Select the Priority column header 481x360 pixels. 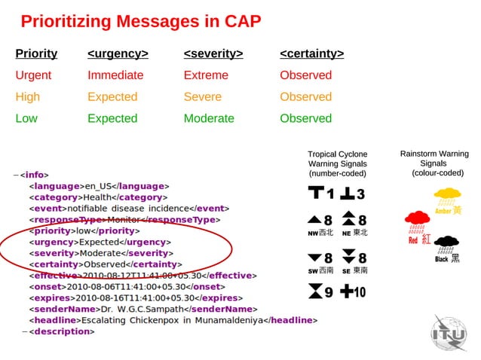pyautogui.click(x=36, y=53)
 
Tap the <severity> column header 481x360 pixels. pyautogui.click(x=213, y=53)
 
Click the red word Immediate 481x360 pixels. pyautogui.click(x=115, y=75)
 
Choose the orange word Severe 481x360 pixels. pyautogui.click(x=203, y=96)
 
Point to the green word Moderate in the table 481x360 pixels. pyautogui.click(x=210, y=118)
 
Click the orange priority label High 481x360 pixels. pyautogui.click(x=28, y=96)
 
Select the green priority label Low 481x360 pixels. pyautogui.click(x=26, y=118)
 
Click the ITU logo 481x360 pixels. pyautogui.click(x=450, y=332)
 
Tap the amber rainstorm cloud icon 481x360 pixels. pyautogui.click(x=447, y=198)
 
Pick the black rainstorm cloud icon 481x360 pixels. pyautogui.click(x=448, y=244)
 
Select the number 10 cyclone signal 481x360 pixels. pyautogui.click(x=353, y=291)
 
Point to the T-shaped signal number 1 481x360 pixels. pyautogui.click(x=320, y=194)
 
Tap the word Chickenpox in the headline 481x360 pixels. pyautogui.click(x=164, y=320)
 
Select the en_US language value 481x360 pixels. pyautogui.click(x=99, y=185)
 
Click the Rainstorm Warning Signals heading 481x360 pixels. pyautogui.click(x=434, y=163)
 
